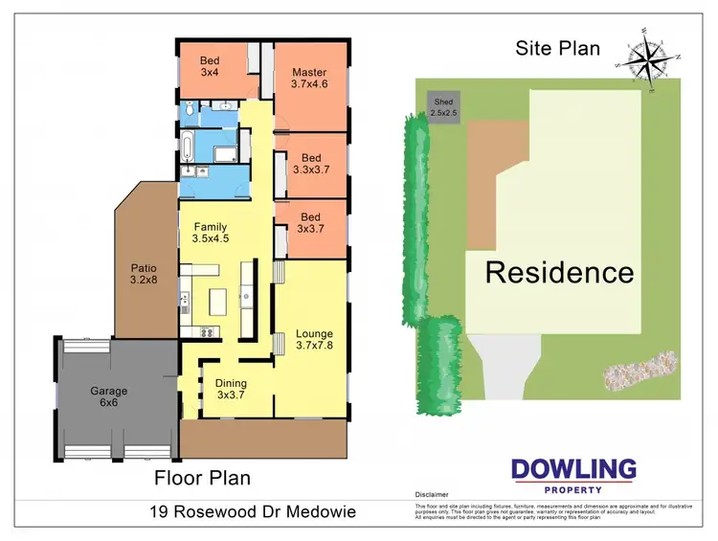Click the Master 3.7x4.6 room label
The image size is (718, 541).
point(309,79)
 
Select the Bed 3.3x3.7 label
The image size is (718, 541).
point(310,164)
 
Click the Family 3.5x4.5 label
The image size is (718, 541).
point(209,233)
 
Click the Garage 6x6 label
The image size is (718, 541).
point(109,397)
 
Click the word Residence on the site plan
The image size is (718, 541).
point(559,272)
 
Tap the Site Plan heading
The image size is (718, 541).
point(558,48)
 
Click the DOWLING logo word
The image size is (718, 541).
point(573,469)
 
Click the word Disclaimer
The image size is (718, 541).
point(433,495)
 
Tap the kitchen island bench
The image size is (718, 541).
point(216,304)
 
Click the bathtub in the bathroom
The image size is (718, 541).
point(189,148)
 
